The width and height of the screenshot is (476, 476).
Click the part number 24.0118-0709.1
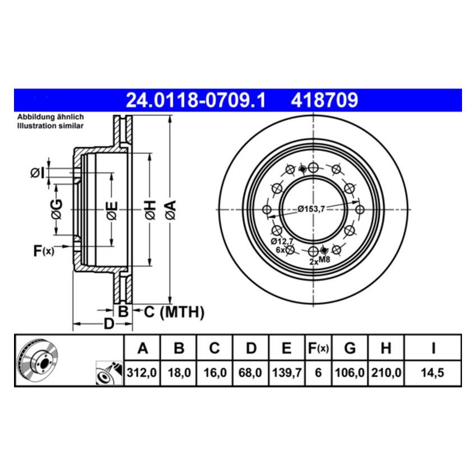(195, 101)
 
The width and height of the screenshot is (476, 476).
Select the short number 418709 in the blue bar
(323, 101)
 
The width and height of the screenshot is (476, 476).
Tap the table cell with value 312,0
(142, 372)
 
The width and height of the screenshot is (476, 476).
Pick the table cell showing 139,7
(286, 372)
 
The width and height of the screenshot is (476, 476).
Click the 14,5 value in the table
(433, 372)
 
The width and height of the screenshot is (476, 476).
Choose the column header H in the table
(385, 348)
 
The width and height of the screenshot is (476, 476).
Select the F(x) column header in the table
(318, 348)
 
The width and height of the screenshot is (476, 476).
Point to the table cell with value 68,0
(251, 372)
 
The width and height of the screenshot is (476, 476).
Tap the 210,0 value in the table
(385, 372)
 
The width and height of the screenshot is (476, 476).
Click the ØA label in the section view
(171, 209)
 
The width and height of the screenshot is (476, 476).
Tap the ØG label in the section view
(57, 209)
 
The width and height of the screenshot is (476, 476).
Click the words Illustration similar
(50, 126)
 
